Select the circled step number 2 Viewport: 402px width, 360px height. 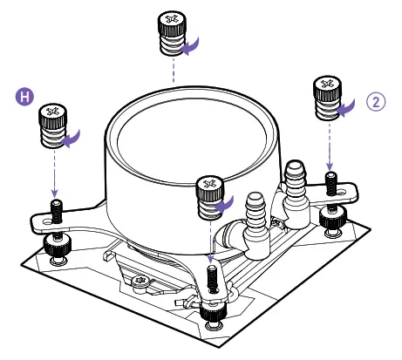(376, 101)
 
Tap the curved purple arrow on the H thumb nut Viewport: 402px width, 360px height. (73, 137)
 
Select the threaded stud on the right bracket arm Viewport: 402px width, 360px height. (330, 183)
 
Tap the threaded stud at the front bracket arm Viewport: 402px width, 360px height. (212, 277)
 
